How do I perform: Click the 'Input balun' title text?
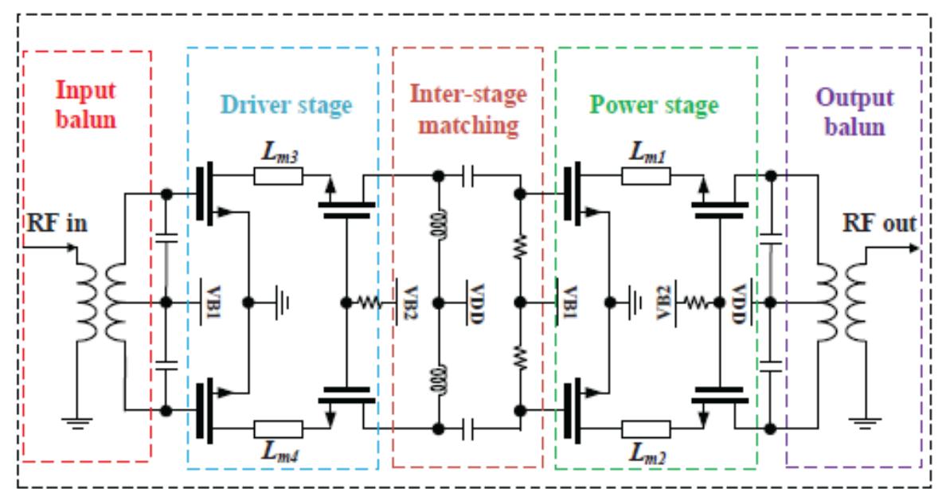click(85, 105)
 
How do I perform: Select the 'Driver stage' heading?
click(286, 106)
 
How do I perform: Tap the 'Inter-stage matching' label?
click(467, 109)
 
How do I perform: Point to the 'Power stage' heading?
click(655, 105)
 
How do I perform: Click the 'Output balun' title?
click(854, 111)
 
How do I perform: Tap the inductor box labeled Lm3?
click(278, 176)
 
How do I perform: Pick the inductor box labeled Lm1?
click(645, 176)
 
